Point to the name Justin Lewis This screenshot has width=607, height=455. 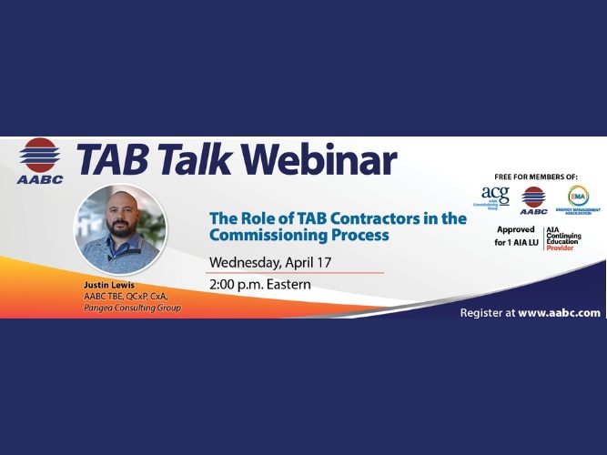click(108, 285)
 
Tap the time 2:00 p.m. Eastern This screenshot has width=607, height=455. click(260, 284)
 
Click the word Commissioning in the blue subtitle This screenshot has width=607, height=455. click(263, 235)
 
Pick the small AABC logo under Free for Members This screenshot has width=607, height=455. click(533, 197)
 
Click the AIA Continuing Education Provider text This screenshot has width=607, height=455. click(563, 239)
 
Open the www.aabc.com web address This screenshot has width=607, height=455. click(560, 312)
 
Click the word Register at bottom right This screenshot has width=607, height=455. click(481, 312)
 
